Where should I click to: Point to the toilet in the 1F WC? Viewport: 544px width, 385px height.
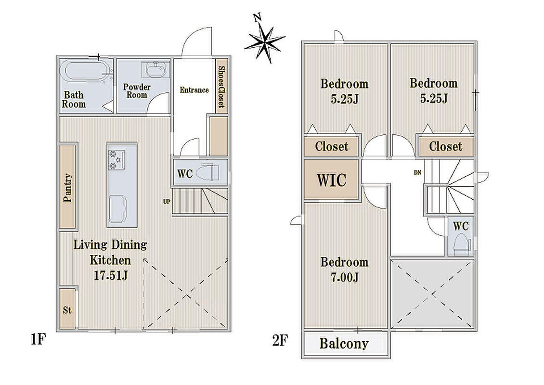tap(207, 172)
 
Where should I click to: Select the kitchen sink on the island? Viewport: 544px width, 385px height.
tap(118, 209)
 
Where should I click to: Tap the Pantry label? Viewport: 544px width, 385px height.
tap(68, 188)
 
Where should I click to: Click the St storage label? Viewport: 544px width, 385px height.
tap(67, 309)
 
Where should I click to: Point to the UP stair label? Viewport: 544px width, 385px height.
tap(167, 202)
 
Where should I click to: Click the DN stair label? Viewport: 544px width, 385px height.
tap(417, 172)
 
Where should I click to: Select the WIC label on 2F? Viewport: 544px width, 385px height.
tap(332, 180)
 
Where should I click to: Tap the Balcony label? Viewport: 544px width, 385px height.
tap(344, 344)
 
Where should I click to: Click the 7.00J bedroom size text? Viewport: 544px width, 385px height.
tap(345, 277)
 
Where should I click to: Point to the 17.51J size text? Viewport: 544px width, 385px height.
tap(111, 275)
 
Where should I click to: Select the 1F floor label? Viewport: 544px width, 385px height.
tap(38, 340)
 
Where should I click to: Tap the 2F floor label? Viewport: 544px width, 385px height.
tap(280, 340)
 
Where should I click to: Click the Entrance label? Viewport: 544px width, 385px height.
tap(194, 90)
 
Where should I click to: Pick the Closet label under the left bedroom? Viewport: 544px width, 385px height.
tap(332, 146)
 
